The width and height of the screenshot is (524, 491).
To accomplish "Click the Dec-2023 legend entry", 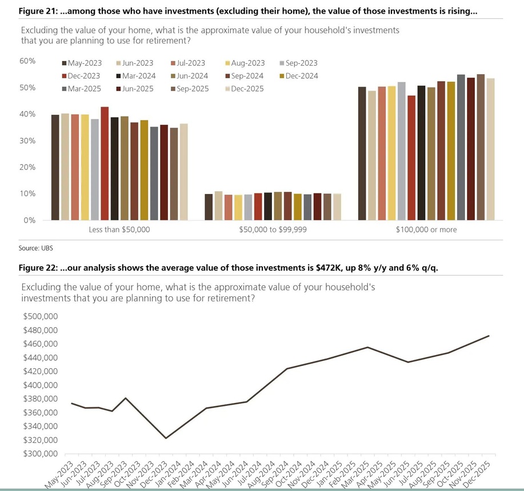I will coord(84,76).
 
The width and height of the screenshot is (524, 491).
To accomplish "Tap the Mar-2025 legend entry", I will coord(84,88).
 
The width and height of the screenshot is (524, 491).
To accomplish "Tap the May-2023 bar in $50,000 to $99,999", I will coord(209,207).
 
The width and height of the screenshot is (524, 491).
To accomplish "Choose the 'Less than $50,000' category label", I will coord(119,230).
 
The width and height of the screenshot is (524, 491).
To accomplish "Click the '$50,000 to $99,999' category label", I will coord(272,230).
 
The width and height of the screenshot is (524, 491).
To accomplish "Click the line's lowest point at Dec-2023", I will coord(166,438).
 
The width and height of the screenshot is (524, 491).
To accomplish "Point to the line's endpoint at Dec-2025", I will coord(489,336).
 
